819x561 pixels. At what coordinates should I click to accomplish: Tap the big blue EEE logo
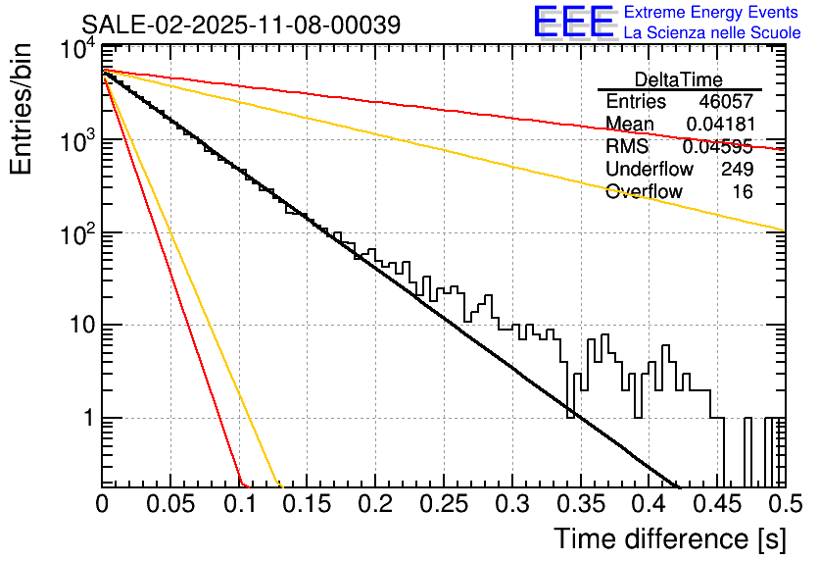tap(573, 22)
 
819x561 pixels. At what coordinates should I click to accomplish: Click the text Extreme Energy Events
tap(711, 13)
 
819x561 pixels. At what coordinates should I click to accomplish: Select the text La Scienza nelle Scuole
tap(711, 32)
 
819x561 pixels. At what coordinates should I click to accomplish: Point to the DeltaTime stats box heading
tap(679, 79)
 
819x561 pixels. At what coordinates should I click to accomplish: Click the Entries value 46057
tap(726, 102)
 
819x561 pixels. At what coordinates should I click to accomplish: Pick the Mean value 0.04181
tap(719, 125)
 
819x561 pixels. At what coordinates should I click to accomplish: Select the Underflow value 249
tap(737, 169)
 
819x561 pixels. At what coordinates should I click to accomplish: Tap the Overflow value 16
tap(743, 191)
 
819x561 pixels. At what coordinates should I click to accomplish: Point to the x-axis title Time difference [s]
tap(669, 538)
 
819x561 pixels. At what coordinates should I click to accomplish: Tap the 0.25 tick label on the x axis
tap(443, 505)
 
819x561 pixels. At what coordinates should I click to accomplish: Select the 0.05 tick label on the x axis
tap(170, 505)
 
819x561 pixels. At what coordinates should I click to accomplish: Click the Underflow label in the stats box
tap(650, 169)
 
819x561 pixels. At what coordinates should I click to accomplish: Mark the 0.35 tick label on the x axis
tap(579, 505)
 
